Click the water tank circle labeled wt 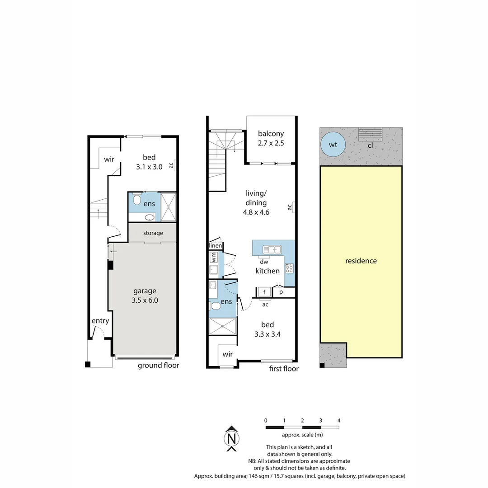333,145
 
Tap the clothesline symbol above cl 371,135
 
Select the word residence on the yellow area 361,261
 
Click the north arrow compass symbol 231,438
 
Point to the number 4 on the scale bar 339,421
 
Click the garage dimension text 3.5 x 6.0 145,300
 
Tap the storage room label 153,233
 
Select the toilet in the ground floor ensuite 137,199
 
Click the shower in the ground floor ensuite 169,207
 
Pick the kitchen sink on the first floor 272,249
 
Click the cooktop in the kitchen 289,268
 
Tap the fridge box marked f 264,292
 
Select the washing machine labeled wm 214,258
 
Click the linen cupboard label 216,245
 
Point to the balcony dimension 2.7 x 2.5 271,143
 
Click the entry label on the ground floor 100,321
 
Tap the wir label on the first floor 227,354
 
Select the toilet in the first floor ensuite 216,306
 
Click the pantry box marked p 281,292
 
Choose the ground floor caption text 159,366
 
